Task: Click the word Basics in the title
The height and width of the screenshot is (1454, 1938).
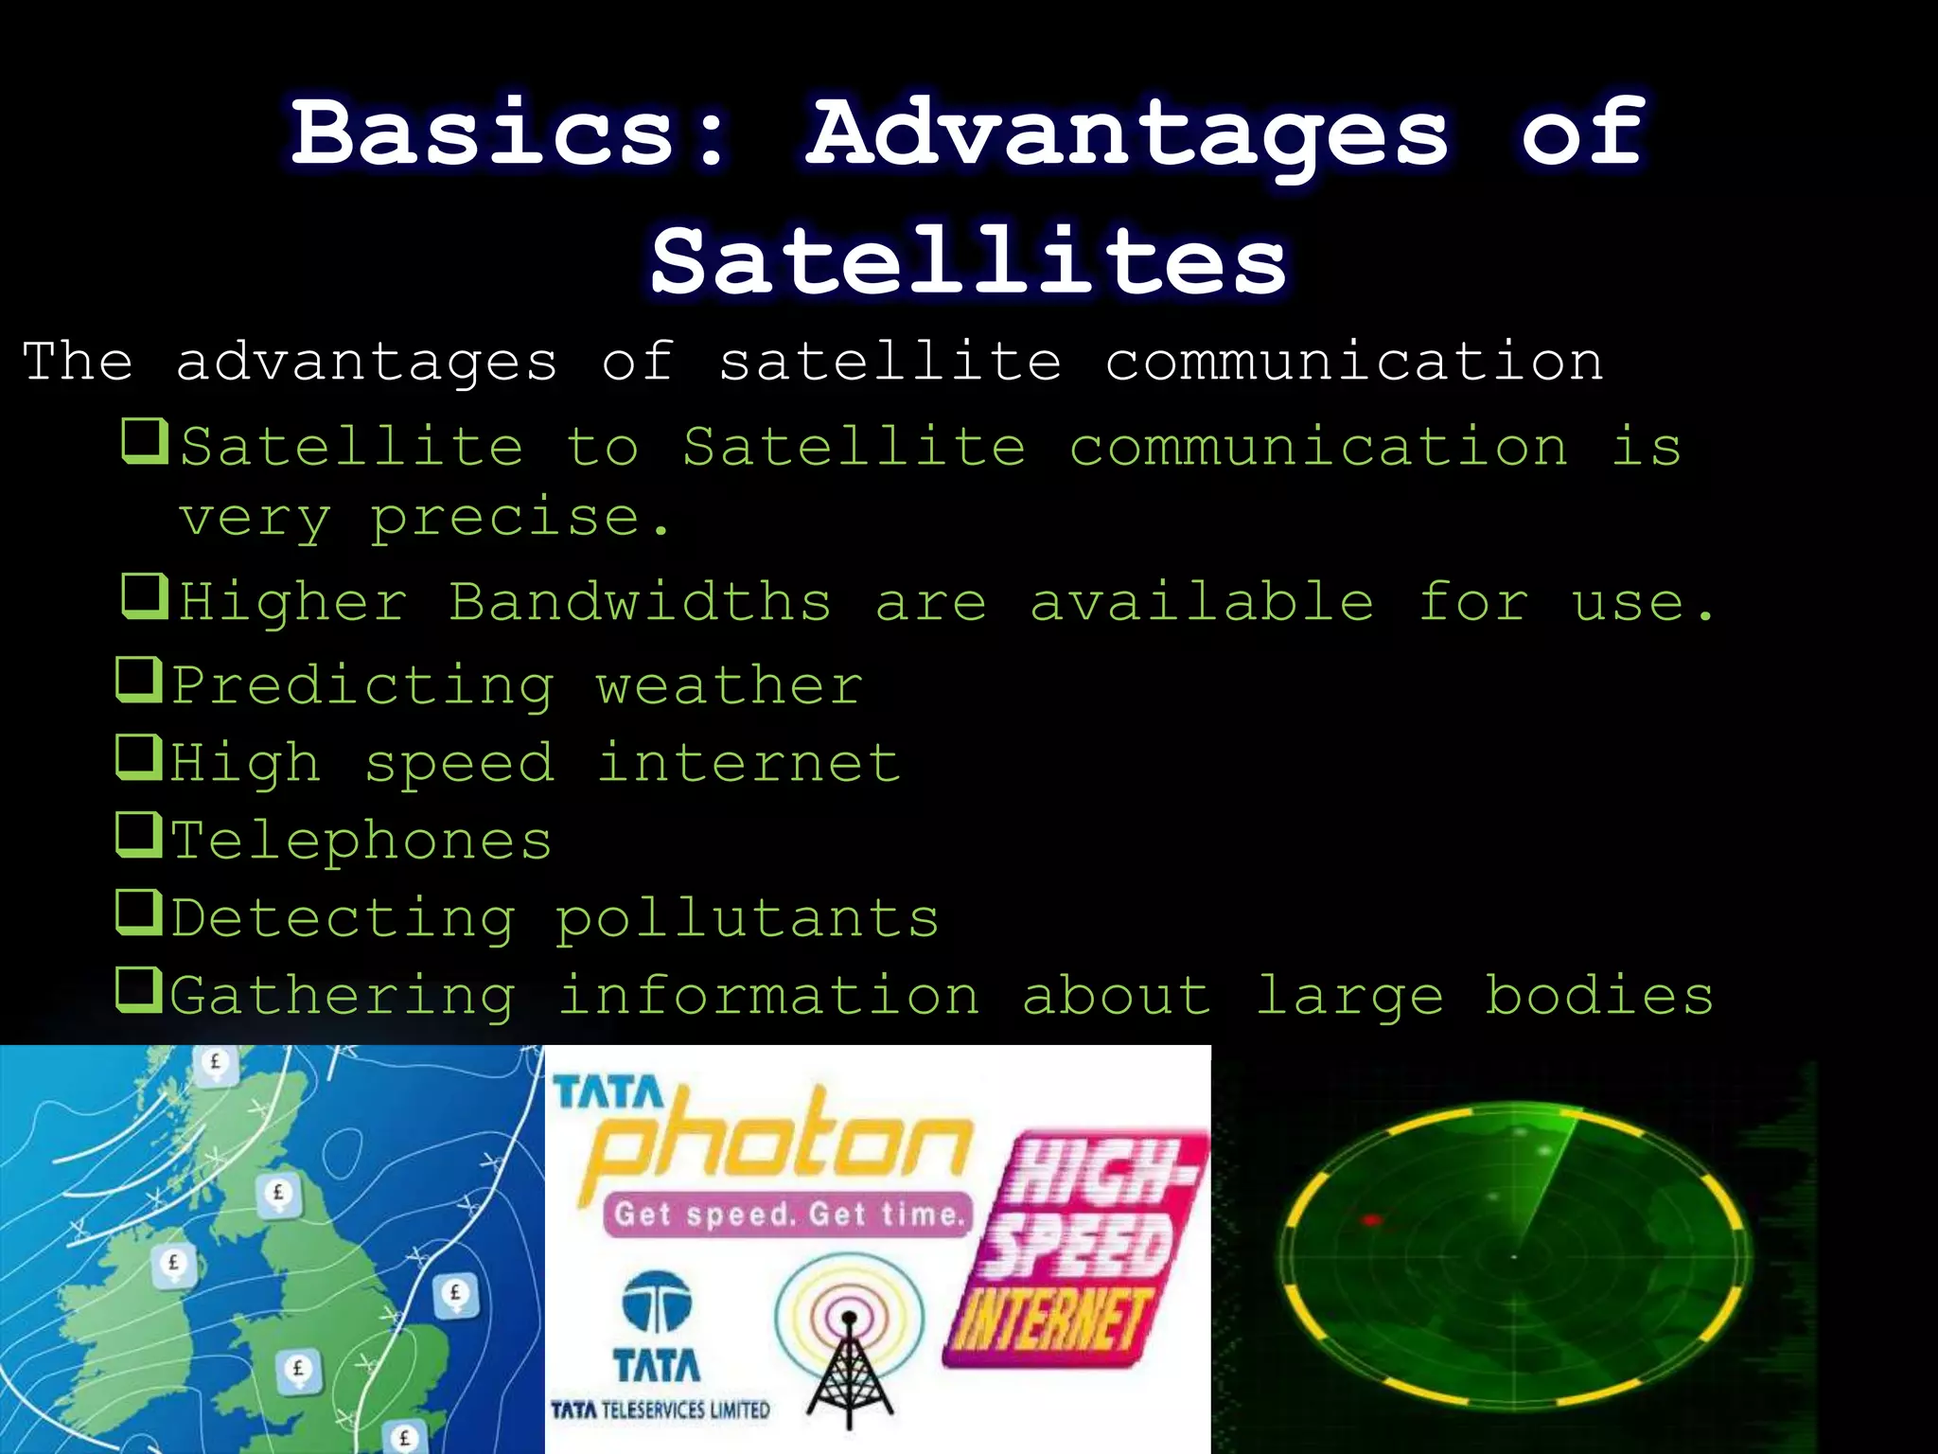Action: (483, 133)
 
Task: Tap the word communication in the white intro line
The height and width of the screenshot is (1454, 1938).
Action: (1354, 362)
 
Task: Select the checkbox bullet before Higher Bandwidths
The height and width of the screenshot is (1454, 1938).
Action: (145, 596)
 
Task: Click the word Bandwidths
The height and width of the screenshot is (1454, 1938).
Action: (640, 602)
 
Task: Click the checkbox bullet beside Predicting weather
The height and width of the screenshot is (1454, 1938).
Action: (139, 680)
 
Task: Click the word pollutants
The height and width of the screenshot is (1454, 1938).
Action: (748, 918)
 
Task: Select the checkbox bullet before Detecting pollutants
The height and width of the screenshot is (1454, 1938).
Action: (139, 913)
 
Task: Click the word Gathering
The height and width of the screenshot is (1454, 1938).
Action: (343, 997)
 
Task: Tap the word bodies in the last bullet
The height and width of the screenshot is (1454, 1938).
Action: (1598, 996)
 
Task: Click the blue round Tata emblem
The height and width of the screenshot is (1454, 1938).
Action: (657, 1301)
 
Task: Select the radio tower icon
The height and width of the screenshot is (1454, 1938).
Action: (849, 1344)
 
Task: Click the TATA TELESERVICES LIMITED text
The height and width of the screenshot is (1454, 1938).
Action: (660, 1410)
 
